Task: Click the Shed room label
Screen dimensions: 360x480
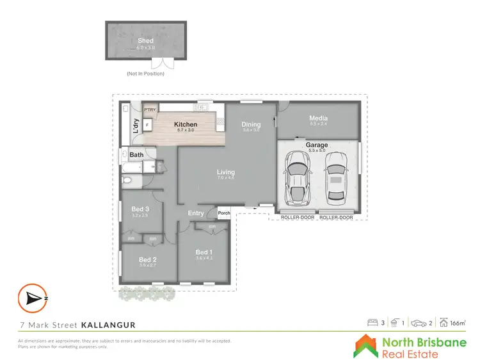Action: [x=145, y=40]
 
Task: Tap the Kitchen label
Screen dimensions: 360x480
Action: [x=186, y=124]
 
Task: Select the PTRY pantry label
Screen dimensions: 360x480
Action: [x=150, y=110]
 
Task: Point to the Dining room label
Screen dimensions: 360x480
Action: [x=251, y=124]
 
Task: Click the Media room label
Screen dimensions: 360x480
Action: [x=318, y=118]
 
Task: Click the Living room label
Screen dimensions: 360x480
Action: [x=226, y=172]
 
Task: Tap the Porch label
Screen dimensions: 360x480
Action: [x=224, y=213]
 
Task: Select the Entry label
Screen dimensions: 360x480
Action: [x=196, y=213]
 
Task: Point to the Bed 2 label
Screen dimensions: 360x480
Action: [x=148, y=259]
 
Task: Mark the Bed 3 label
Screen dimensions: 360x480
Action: [x=140, y=209]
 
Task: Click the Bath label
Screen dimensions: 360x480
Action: [x=136, y=155]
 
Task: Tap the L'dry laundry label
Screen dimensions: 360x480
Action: [x=136, y=125]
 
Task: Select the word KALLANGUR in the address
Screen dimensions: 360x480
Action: [x=108, y=325]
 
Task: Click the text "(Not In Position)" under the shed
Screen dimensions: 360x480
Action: [x=145, y=74]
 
